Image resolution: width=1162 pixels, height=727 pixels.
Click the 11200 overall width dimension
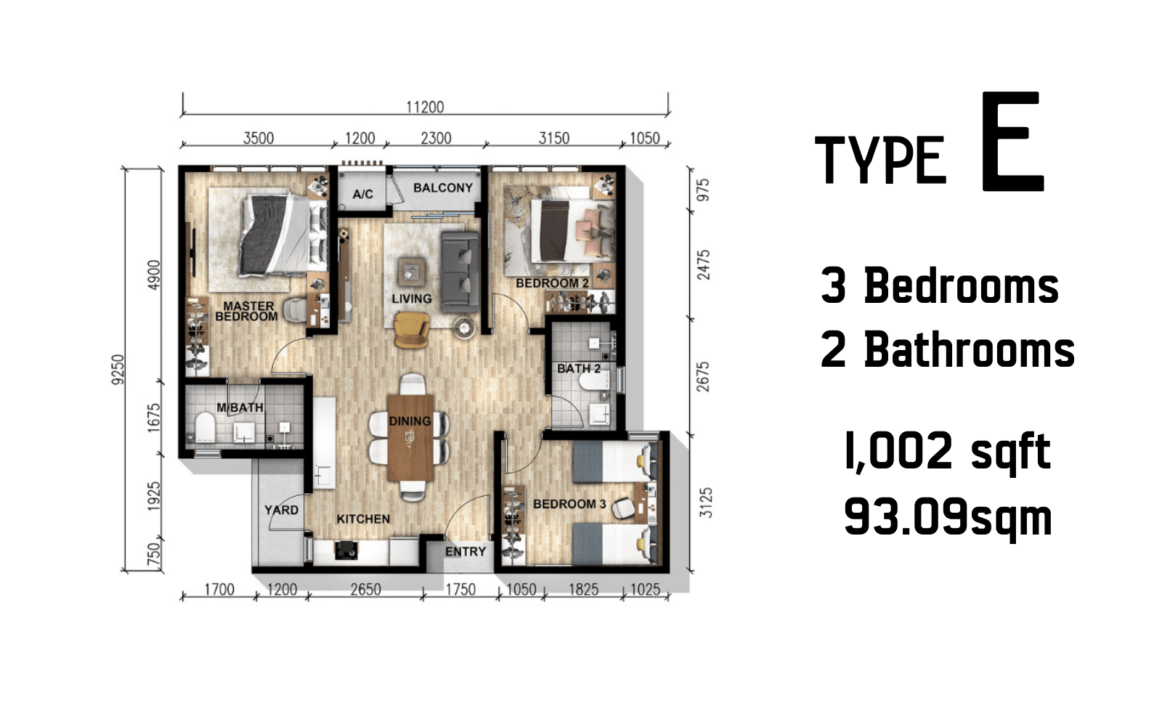(425, 107)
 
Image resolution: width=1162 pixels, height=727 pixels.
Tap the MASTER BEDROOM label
(246, 311)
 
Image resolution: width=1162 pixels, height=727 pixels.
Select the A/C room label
(362, 194)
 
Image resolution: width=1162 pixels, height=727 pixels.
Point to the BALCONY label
(443, 187)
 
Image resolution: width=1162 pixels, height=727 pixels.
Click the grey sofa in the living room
(460, 272)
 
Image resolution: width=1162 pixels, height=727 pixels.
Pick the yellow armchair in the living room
(412, 330)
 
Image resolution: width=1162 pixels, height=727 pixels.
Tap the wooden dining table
(410, 437)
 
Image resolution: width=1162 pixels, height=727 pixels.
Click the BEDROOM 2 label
(552, 283)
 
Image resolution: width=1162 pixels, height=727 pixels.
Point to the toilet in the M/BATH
(206, 427)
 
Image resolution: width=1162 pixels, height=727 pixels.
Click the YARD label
(281, 510)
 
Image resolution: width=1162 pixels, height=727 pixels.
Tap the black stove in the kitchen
(346, 551)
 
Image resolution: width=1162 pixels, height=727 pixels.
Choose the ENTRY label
(466, 551)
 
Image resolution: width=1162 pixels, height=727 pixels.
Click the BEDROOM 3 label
(569, 504)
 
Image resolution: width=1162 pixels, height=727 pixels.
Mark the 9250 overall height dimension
(118, 370)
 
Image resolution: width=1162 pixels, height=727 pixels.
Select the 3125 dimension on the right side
(705, 503)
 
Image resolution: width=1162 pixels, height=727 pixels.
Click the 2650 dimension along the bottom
(366, 589)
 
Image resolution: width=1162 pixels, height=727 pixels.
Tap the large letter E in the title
(1012, 141)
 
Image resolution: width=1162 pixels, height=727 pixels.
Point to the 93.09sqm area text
(948, 517)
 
